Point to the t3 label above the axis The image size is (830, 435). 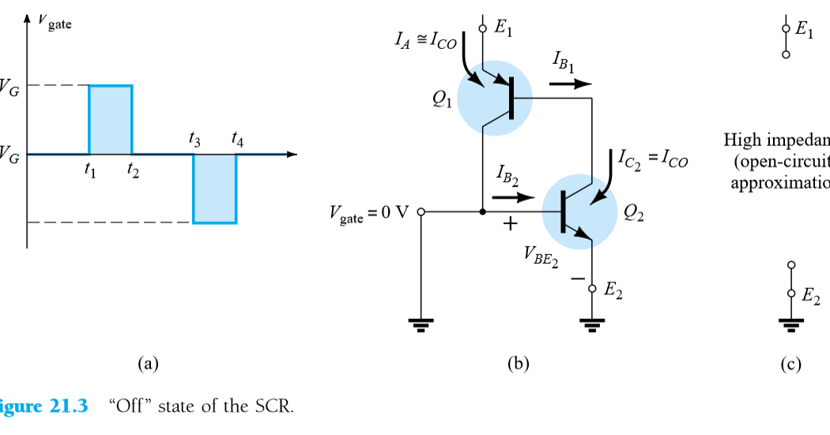(x=194, y=140)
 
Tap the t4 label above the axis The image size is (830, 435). (x=237, y=140)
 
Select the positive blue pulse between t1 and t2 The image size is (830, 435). (x=111, y=119)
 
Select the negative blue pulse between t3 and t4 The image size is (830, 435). (x=215, y=189)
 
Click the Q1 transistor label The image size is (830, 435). (x=442, y=99)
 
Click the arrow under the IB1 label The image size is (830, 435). (x=570, y=84)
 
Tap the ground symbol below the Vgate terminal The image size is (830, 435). (x=421, y=324)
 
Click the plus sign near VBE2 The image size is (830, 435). (x=510, y=225)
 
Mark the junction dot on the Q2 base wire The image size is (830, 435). (x=482, y=212)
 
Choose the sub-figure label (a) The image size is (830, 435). (x=148, y=364)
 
